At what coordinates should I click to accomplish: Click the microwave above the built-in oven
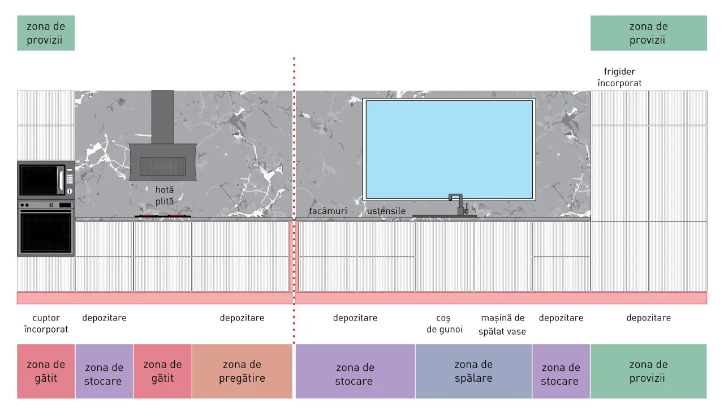(x=46, y=180)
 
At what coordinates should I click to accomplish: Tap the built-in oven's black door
(x=46, y=232)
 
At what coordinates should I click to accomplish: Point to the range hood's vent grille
(x=162, y=167)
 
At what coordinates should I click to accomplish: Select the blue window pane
(x=449, y=149)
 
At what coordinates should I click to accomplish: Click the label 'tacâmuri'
(x=327, y=211)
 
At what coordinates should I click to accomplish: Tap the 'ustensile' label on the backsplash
(x=386, y=211)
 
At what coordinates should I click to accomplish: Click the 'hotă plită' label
(x=165, y=195)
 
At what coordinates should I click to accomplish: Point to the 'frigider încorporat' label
(x=619, y=78)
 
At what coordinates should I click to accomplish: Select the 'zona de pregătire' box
(x=242, y=372)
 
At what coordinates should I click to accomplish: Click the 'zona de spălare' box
(x=473, y=372)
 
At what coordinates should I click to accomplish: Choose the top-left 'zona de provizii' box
(x=46, y=33)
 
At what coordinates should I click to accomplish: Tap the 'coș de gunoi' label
(x=445, y=324)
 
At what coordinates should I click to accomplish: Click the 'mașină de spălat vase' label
(x=502, y=325)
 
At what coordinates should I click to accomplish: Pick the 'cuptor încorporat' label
(x=46, y=324)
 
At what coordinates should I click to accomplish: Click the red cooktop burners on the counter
(x=162, y=216)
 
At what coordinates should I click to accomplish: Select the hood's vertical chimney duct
(x=162, y=117)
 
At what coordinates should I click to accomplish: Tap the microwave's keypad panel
(x=70, y=179)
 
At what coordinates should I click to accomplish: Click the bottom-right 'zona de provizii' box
(x=648, y=372)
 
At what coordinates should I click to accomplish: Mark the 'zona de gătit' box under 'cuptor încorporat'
(x=46, y=372)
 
